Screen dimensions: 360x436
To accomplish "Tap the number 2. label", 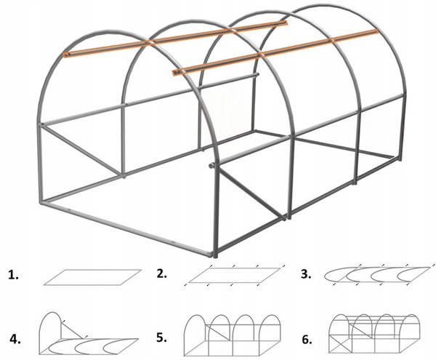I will [162, 274].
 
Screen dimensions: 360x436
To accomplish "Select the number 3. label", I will [307, 274].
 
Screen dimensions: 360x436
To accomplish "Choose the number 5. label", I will [162, 338].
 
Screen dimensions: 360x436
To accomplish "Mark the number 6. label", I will [307, 338].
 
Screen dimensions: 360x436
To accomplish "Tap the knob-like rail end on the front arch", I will [211, 166].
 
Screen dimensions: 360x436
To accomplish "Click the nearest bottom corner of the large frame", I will [217, 255].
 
